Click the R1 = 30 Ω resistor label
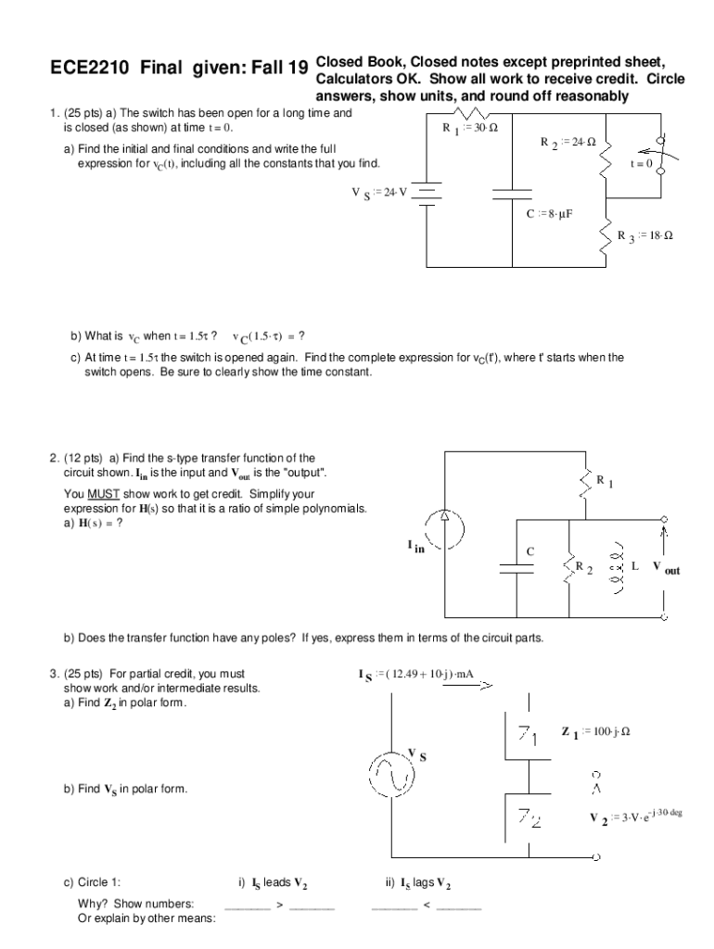click(470, 128)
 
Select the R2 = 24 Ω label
click(567, 143)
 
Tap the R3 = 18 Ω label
click(645, 235)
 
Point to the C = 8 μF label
click(550, 213)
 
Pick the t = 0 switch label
click(642, 163)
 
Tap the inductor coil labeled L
click(613, 566)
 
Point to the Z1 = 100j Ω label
click(596, 732)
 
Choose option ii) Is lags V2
click(416, 883)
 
